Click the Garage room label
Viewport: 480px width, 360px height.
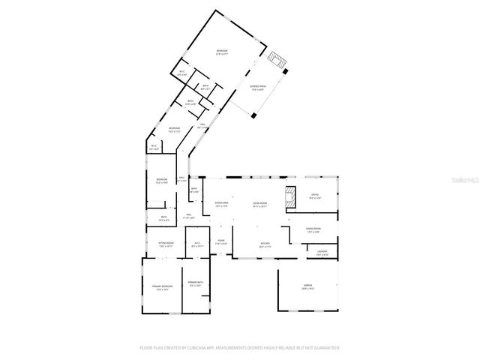pos(307,286)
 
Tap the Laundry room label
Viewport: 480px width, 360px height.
pos(322,252)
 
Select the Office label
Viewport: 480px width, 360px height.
pos(316,196)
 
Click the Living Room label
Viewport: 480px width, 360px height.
pos(260,203)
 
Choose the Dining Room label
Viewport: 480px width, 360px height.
pos(313,229)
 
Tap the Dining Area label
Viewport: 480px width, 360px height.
pos(221,203)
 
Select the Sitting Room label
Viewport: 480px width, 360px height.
pos(166,244)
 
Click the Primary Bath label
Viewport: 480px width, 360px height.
pos(196,284)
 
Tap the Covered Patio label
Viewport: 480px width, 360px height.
pos(258,88)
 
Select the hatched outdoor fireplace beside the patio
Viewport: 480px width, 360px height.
pos(278,60)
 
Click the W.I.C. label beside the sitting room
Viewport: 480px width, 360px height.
pos(197,244)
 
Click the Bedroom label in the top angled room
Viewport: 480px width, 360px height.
pos(222,52)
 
